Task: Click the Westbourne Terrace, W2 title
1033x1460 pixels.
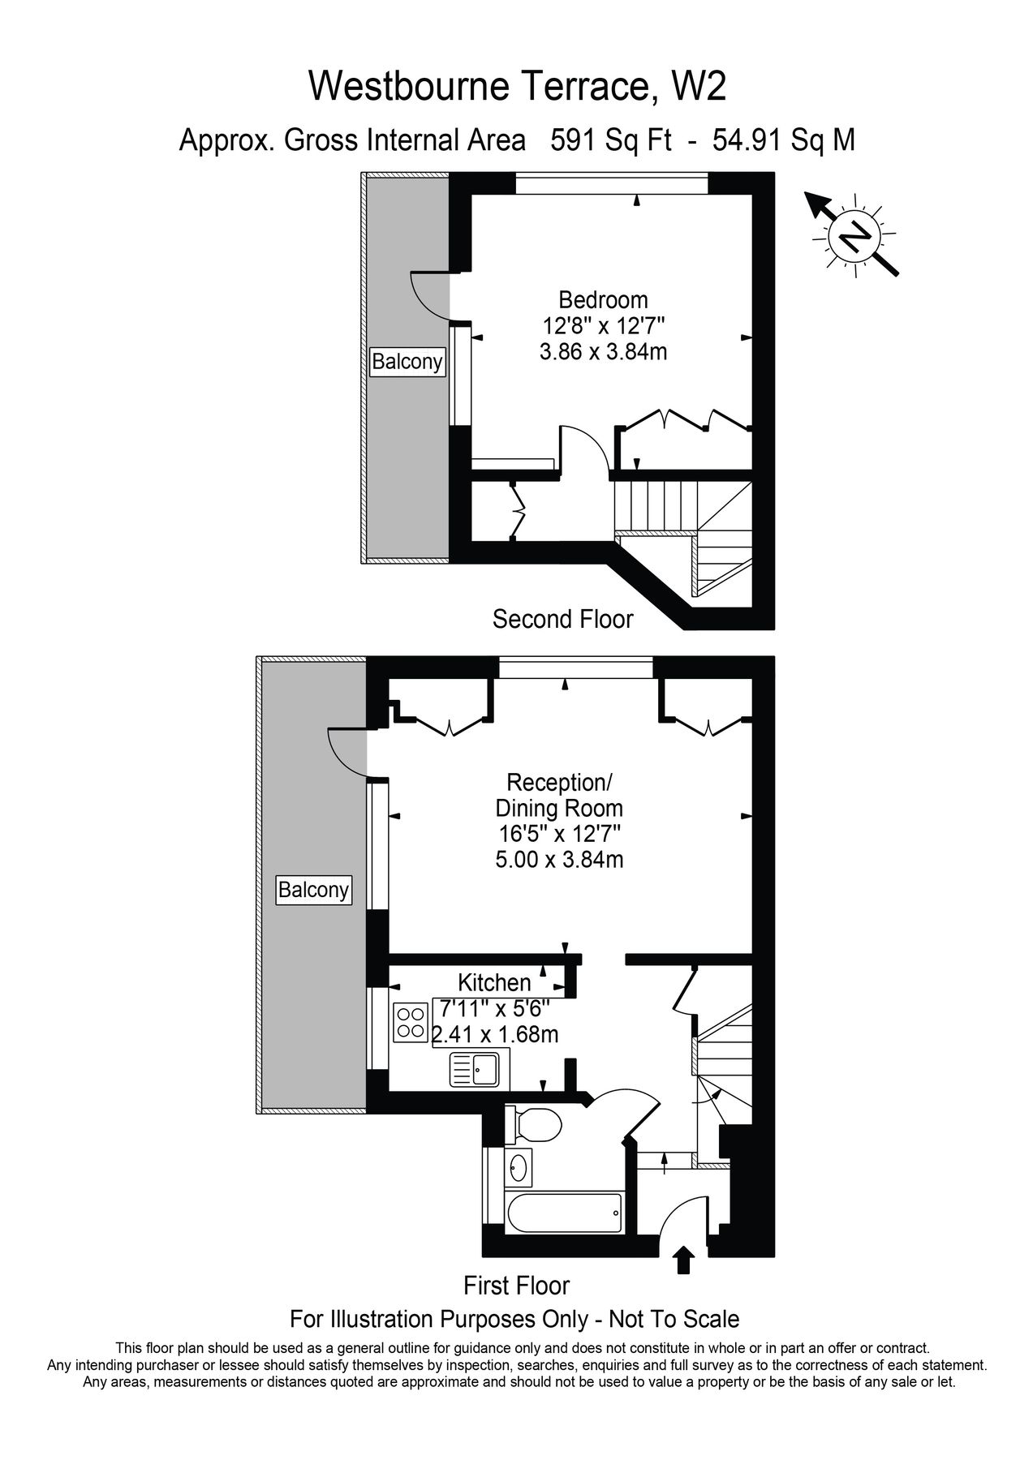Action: [x=516, y=87]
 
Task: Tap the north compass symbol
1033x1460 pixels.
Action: [x=853, y=236]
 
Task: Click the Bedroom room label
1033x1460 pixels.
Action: [x=603, y=300]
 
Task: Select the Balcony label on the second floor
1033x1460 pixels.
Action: [x=407, y=361]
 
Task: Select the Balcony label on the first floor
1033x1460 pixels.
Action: [x=313, y=890]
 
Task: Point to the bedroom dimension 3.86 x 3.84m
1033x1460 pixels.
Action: [x=603, y=352]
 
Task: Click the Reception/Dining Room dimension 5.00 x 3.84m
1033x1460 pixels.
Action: [x=559, y=859]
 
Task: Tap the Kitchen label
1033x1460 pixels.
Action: [x=494, y=982]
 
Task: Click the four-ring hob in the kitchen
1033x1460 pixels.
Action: [x=411, y=1022]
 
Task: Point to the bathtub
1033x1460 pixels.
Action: [x=563, y=1213]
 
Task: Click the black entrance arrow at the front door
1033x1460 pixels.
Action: [x=685, y=1261]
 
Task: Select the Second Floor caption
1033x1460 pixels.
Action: [x=562, y=619]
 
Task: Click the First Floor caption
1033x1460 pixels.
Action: [x=516, y=1286]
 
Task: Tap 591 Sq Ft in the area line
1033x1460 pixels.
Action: [x=611, y=140]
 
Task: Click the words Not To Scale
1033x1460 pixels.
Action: [x=674, y=1319]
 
